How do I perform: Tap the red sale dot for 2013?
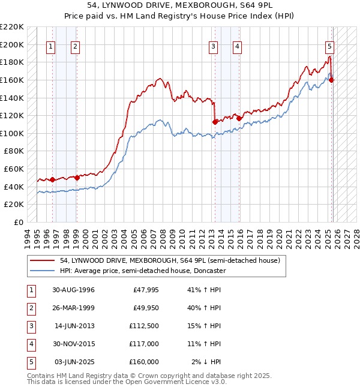[x=215, y=122]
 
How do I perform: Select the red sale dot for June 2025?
[x=332, y=80]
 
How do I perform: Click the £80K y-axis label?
[x=14, y=151]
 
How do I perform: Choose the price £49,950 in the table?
[x=145, y=308]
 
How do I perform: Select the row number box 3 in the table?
[x=31, y=326]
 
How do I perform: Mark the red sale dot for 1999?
[x=77, y=178]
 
